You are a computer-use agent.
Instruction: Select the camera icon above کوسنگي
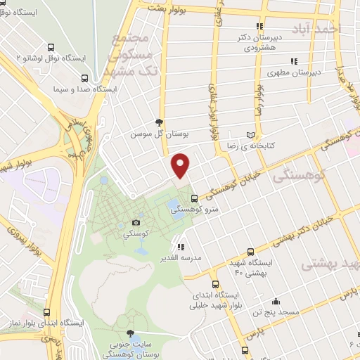point(127,222)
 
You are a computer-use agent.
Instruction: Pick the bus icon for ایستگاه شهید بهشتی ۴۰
point(251,251)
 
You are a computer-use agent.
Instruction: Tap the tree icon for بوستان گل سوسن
point(160,122)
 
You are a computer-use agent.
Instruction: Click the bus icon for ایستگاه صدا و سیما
point(84,79)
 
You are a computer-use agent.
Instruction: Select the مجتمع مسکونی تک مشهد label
point(129,56)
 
